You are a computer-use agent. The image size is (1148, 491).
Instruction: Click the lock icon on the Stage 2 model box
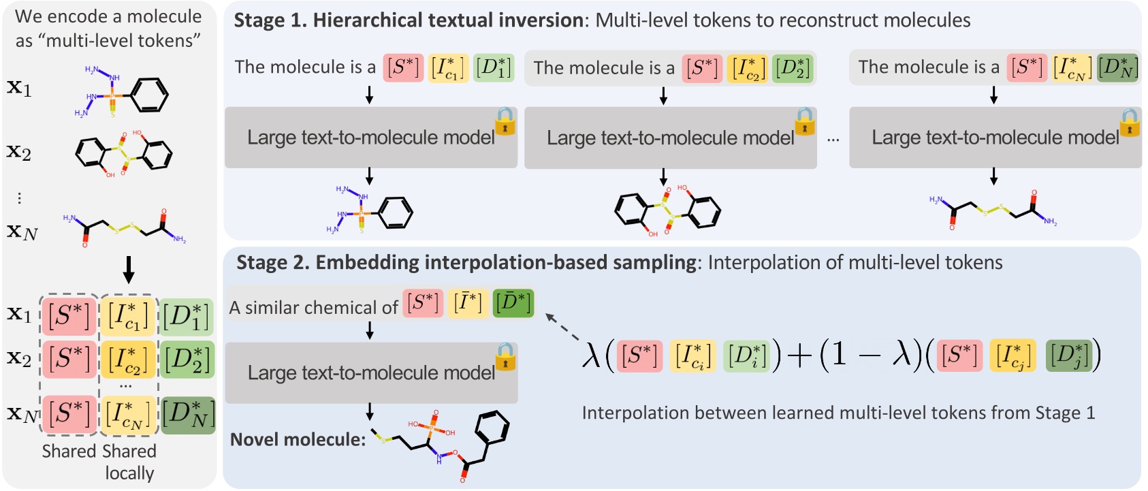click(505, 357)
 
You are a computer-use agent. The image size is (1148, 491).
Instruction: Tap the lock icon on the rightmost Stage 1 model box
click(1130, 123)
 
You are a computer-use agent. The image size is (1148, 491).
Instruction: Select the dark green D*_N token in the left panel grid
click(189, 415)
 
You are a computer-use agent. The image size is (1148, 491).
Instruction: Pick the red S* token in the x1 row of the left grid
click(69, 316)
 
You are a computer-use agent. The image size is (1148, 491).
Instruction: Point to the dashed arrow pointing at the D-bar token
click(563, 328)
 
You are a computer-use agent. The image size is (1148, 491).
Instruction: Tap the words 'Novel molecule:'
click(298, 440)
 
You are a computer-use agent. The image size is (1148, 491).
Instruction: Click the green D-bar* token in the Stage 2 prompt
click(513, 303)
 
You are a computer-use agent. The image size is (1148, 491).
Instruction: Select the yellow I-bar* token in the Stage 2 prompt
click(468, 303)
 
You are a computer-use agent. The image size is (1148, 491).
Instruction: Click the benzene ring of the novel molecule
click(491, 429)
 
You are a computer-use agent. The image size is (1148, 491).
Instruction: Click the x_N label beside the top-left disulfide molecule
click(22, 232)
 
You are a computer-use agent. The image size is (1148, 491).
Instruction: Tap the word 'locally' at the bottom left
click(129, 473)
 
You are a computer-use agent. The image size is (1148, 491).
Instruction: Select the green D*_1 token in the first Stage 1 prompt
click(493, 67)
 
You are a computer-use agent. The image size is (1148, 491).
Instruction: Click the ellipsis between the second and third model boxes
click(833, 139)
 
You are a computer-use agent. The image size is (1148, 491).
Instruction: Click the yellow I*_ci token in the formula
click(691, 355)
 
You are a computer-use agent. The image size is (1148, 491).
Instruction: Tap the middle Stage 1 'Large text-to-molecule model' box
click(670, 138)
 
